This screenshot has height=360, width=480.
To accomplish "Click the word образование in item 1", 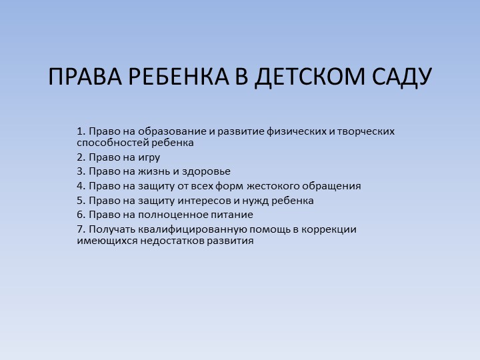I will [172, 131].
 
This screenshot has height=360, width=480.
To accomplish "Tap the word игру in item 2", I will [149, 157].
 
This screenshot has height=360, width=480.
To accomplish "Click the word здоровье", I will [207, 171].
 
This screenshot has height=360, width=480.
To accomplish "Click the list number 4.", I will [80, 186].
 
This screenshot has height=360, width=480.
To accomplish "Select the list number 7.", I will [80, 229].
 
